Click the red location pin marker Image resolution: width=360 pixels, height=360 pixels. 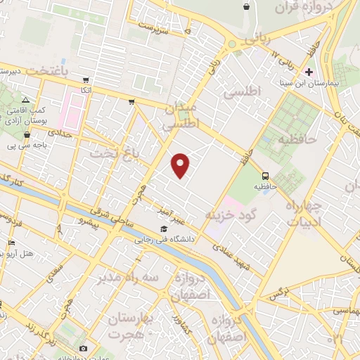pos(181,165)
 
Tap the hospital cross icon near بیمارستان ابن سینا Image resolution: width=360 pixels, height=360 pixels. pos(309,72)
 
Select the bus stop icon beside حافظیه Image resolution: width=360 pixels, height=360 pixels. pos(265,175)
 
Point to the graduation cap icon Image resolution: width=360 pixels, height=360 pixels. pos(164,229)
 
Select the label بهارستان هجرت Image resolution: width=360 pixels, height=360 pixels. pos(136,325)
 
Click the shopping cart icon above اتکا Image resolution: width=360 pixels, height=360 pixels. pos(86,80)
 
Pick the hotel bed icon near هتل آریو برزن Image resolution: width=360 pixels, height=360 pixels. pos(11,243)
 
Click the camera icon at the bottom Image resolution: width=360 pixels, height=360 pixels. pos(83,348)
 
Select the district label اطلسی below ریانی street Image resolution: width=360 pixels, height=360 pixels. pos(240,92)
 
